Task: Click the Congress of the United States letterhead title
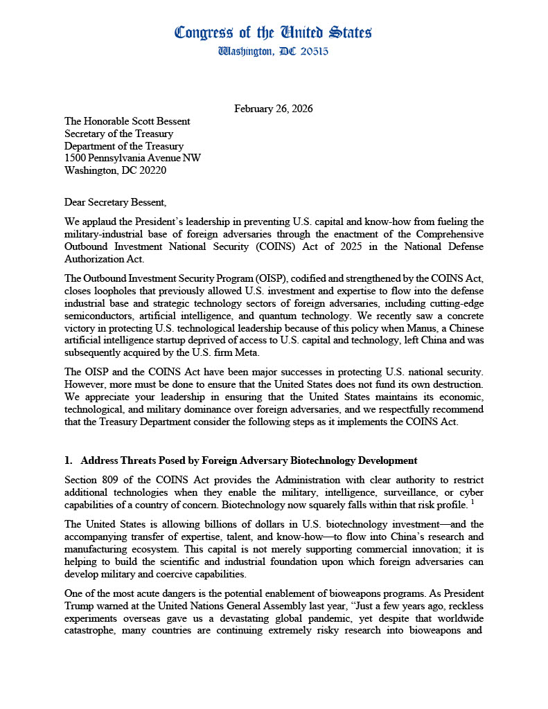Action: [x=274, y=33]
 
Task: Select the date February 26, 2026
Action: [x=274, y=109]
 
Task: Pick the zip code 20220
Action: [x=150, y=170]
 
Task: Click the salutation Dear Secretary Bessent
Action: [x=115, y=202]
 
